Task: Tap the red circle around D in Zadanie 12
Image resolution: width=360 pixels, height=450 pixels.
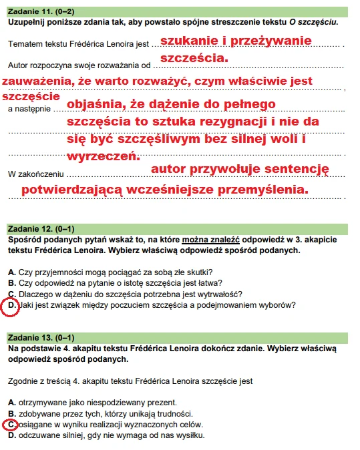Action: click(x=11, y=306)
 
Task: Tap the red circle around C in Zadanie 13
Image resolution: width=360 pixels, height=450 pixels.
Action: click(x=11, y=425)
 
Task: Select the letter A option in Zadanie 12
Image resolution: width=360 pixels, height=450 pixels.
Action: click(x=12, y=271)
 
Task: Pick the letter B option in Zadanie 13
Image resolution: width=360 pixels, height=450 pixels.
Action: click(x=12, y=413)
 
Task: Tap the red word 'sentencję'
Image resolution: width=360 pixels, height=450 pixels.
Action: click(x=295, y=170)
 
